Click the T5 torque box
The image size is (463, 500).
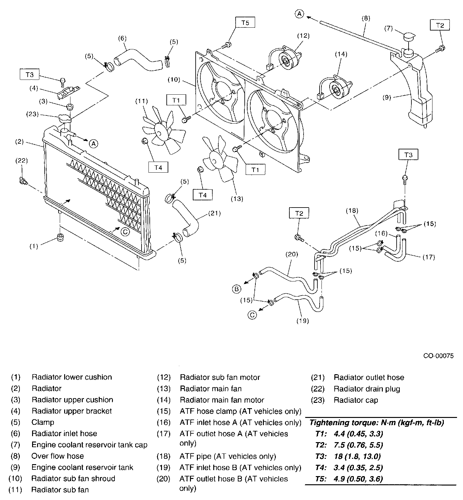245,23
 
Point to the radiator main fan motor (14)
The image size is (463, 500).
337,89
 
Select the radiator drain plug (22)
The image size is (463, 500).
23,181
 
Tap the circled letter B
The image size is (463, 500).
237,289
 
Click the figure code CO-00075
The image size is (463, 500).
438,356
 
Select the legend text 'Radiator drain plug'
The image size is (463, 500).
367,389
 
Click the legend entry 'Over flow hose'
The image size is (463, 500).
58,456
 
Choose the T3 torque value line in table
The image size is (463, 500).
348,456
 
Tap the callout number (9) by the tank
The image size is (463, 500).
387,97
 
